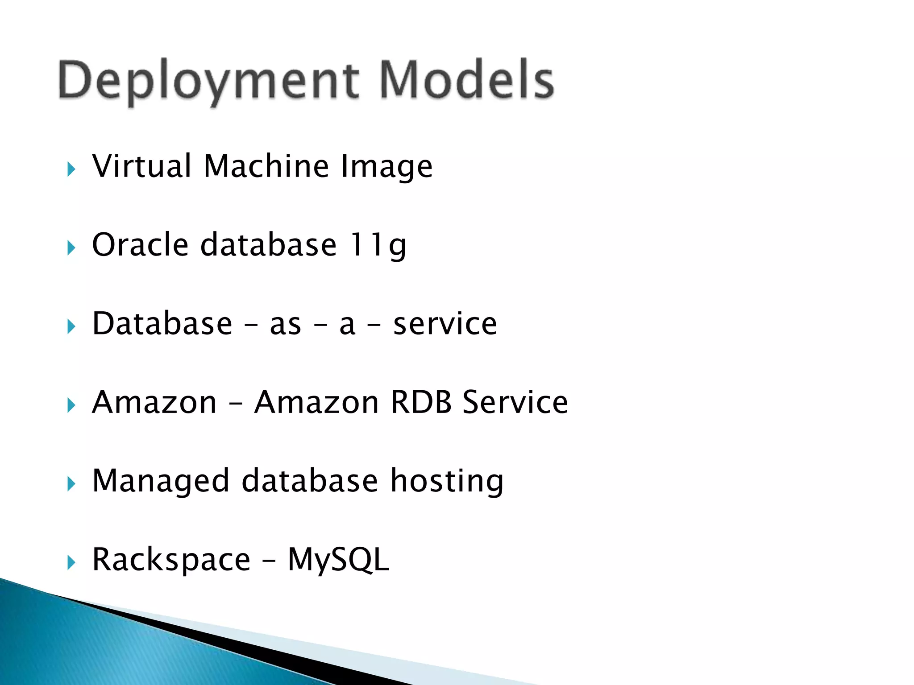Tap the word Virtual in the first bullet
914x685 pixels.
[x=142, y=166]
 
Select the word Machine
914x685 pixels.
[x=266, y=166]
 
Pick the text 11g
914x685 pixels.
[x=378, y=245]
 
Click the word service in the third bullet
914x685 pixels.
[x=445, y=324]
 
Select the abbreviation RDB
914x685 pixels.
[x=421, y=402]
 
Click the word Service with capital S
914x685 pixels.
[x=515, y=402]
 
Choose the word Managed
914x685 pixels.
[x=161, y=482]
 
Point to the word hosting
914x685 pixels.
[x=447, y=482]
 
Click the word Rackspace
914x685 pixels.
[x=171, y=560]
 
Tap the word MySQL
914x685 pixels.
[x=338, y=560]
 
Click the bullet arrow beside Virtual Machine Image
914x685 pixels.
[x=71, y=169]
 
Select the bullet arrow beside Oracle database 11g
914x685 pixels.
[x=71, y=248]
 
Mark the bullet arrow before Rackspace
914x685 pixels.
[x=71, y=562]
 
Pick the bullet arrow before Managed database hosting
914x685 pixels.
[x=71, y=484]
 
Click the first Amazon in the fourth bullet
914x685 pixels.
[x=154, y=402]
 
